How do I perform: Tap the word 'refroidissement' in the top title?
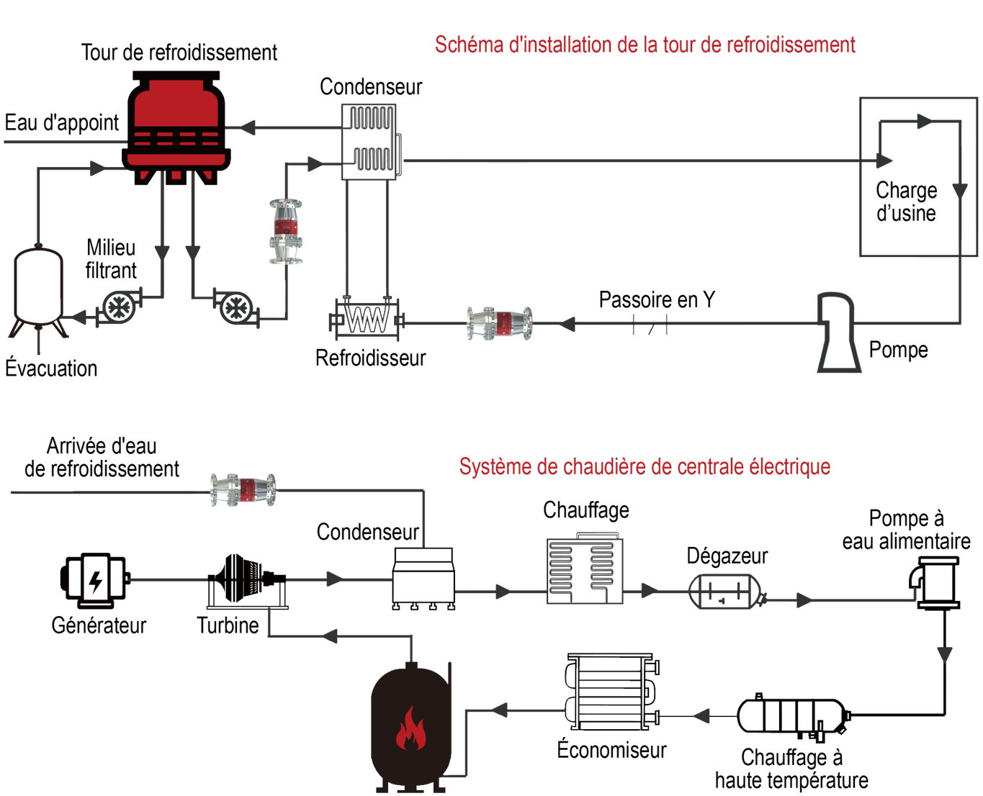[x=790, y=45]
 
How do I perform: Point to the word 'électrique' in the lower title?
[x=791, y=466]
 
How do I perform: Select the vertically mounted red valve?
[x=286, y=231]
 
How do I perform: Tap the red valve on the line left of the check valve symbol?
[x=501, y=324]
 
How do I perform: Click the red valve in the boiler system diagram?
[x=243, y=490]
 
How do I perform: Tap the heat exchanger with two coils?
[x=369, y=141]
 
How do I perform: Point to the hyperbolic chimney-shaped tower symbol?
[x=838, y=332]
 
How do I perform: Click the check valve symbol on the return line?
[x=650, y=325]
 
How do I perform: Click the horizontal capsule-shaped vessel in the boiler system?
[x=724, y=592]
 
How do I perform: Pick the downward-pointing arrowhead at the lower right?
[x=945, y=655]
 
